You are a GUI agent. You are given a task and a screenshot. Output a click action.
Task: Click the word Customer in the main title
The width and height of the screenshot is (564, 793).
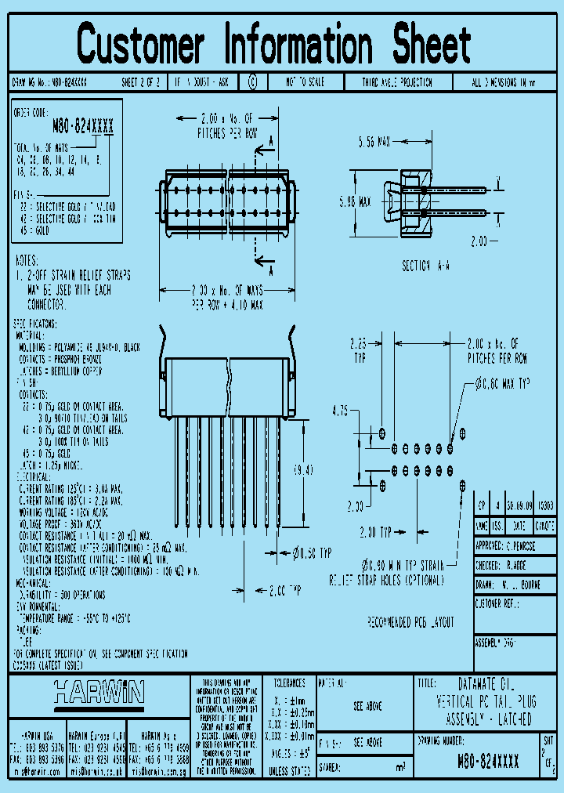coord(141,44)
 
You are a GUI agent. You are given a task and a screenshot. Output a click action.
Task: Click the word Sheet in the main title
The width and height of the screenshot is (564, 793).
coord(427,44)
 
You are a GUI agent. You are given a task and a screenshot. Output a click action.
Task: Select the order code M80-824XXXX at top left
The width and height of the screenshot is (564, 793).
coord(82,125)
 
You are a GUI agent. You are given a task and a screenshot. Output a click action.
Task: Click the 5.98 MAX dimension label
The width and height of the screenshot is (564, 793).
coord(354,201)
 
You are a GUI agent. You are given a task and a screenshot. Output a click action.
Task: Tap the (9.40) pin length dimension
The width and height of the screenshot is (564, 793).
coord(303,470)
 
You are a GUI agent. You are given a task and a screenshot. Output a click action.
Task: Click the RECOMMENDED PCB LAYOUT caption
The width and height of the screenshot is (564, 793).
coord(410,622)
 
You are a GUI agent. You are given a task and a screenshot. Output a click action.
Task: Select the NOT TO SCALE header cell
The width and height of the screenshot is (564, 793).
coord(303,82)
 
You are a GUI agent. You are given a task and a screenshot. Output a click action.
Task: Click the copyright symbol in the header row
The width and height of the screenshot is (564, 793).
coord(252,81)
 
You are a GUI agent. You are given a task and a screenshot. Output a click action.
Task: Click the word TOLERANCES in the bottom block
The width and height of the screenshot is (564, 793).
coord(288,683)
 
